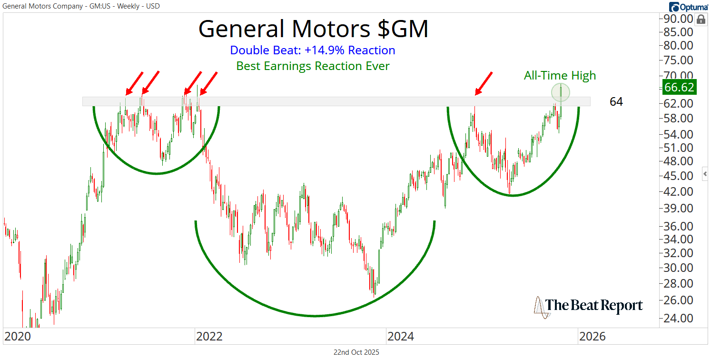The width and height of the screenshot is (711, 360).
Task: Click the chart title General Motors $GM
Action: coord(313,30)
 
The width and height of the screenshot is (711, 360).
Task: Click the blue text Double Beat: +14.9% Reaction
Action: coord(312,50)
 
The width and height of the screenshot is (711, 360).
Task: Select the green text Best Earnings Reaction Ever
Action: coord(313,66)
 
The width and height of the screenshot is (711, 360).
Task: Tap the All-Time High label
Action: coord(560,75)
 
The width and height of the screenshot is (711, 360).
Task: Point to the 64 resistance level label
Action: coord(616,101)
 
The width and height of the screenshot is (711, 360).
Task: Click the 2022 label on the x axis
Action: coord(209,336)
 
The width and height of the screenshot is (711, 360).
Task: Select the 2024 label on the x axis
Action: coord(401,336)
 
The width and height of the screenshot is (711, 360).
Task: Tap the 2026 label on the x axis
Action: coord(592,336)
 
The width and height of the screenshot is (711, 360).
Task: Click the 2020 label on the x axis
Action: coord(18,336)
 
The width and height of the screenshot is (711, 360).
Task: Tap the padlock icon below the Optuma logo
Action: coord(701,20)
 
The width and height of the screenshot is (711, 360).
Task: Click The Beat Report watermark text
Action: coord(594,305)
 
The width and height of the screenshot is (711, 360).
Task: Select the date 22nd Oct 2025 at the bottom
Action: coord(356,352)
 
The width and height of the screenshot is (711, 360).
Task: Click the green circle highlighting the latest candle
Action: coord(561,92)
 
